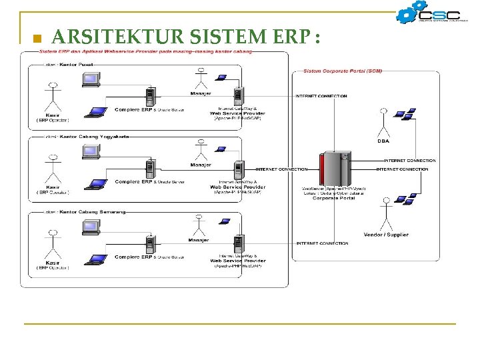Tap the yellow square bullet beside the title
tap(37, 39)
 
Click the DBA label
tap(384, 141)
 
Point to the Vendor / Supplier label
tap(386, 235)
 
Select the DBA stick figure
tap(383, 123)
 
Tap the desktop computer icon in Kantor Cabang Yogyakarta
tap(91, 152)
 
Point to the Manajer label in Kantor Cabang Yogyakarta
tap(201, 165)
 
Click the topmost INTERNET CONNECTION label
tap(321, 96)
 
